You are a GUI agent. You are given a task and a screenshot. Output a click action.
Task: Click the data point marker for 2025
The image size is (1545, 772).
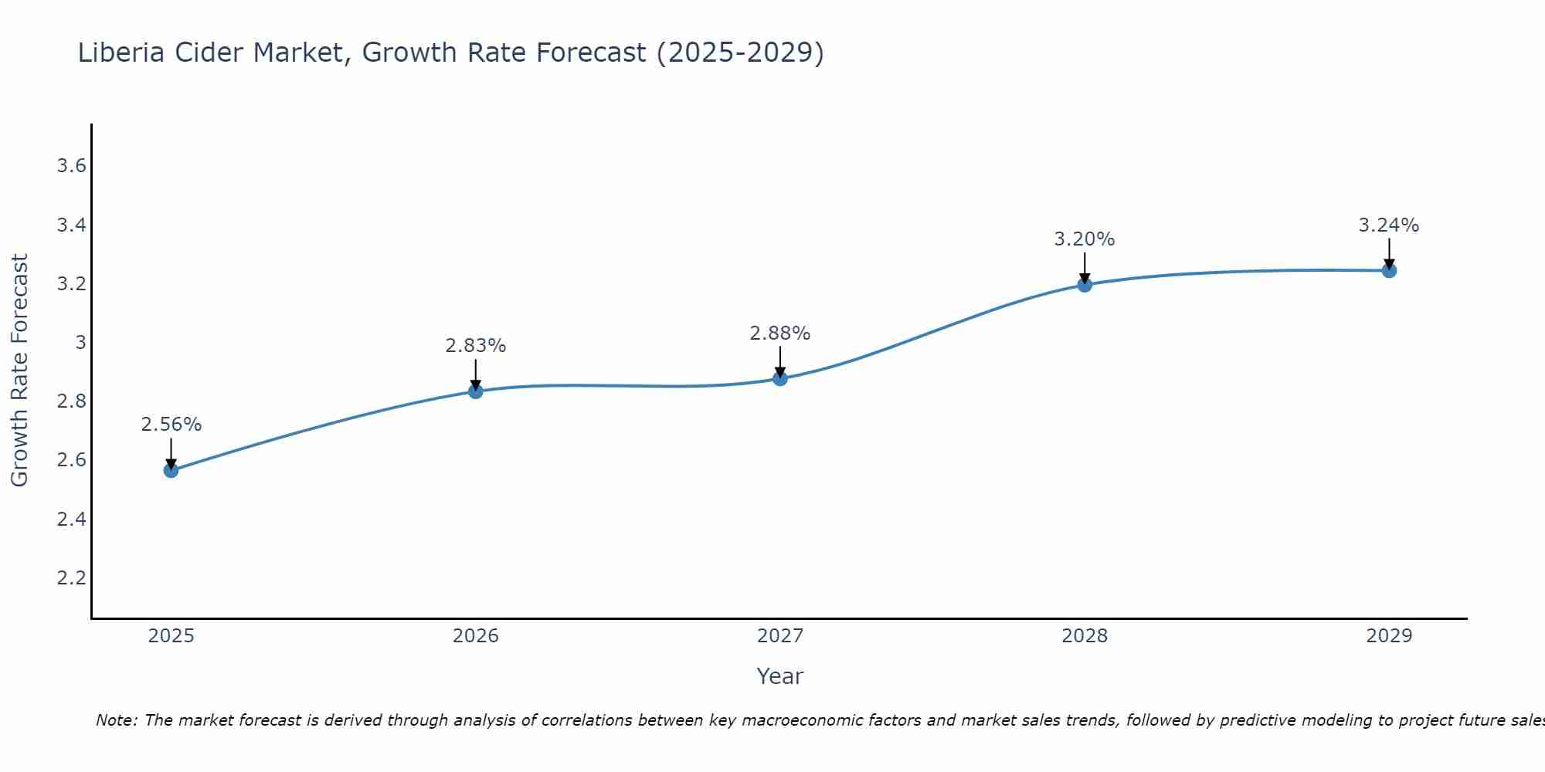tap(171, 470)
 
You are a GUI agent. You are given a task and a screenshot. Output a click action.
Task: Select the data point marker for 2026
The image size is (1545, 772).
tap(476, 391)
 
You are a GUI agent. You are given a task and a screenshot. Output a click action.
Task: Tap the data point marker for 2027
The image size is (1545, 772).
tap(780, 378)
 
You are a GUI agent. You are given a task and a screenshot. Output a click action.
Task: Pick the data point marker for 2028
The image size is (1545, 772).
tap(1085, 285)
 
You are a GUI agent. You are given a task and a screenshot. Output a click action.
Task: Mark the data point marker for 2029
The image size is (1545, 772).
tap(1389, 270)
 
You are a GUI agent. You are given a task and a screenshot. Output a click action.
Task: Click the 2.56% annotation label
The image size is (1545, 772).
tap(171, 425)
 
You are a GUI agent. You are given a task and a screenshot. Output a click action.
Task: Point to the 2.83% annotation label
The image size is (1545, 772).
tap(476, 346)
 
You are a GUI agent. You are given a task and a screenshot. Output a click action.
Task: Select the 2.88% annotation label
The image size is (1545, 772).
tap(780, 334)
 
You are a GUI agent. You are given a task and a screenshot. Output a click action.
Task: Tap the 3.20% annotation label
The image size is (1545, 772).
tap(1085, 239)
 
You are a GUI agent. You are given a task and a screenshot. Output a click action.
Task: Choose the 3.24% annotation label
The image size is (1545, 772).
tap(1389, 225)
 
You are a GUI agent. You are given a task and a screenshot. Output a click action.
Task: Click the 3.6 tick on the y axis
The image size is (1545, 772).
tap(71, 166)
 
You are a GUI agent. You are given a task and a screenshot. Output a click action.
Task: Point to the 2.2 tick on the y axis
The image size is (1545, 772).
tap(71, 577)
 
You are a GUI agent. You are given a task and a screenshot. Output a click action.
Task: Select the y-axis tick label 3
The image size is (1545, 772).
tap(80, 342)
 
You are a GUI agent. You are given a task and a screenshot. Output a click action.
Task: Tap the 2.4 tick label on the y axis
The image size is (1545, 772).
tap(71, 519)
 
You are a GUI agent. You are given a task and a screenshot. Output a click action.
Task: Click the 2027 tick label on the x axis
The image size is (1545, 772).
tap(780, 636)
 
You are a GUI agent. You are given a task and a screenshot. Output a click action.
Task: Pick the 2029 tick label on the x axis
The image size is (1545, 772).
tap(1389, 636)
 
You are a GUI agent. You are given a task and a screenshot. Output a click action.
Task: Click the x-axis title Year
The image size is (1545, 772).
tap(780, 676)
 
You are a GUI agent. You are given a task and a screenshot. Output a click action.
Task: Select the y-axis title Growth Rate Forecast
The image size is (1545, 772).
tap(19, 371)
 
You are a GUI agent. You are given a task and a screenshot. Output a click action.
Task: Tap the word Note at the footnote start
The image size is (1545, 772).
tap(116, 720)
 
